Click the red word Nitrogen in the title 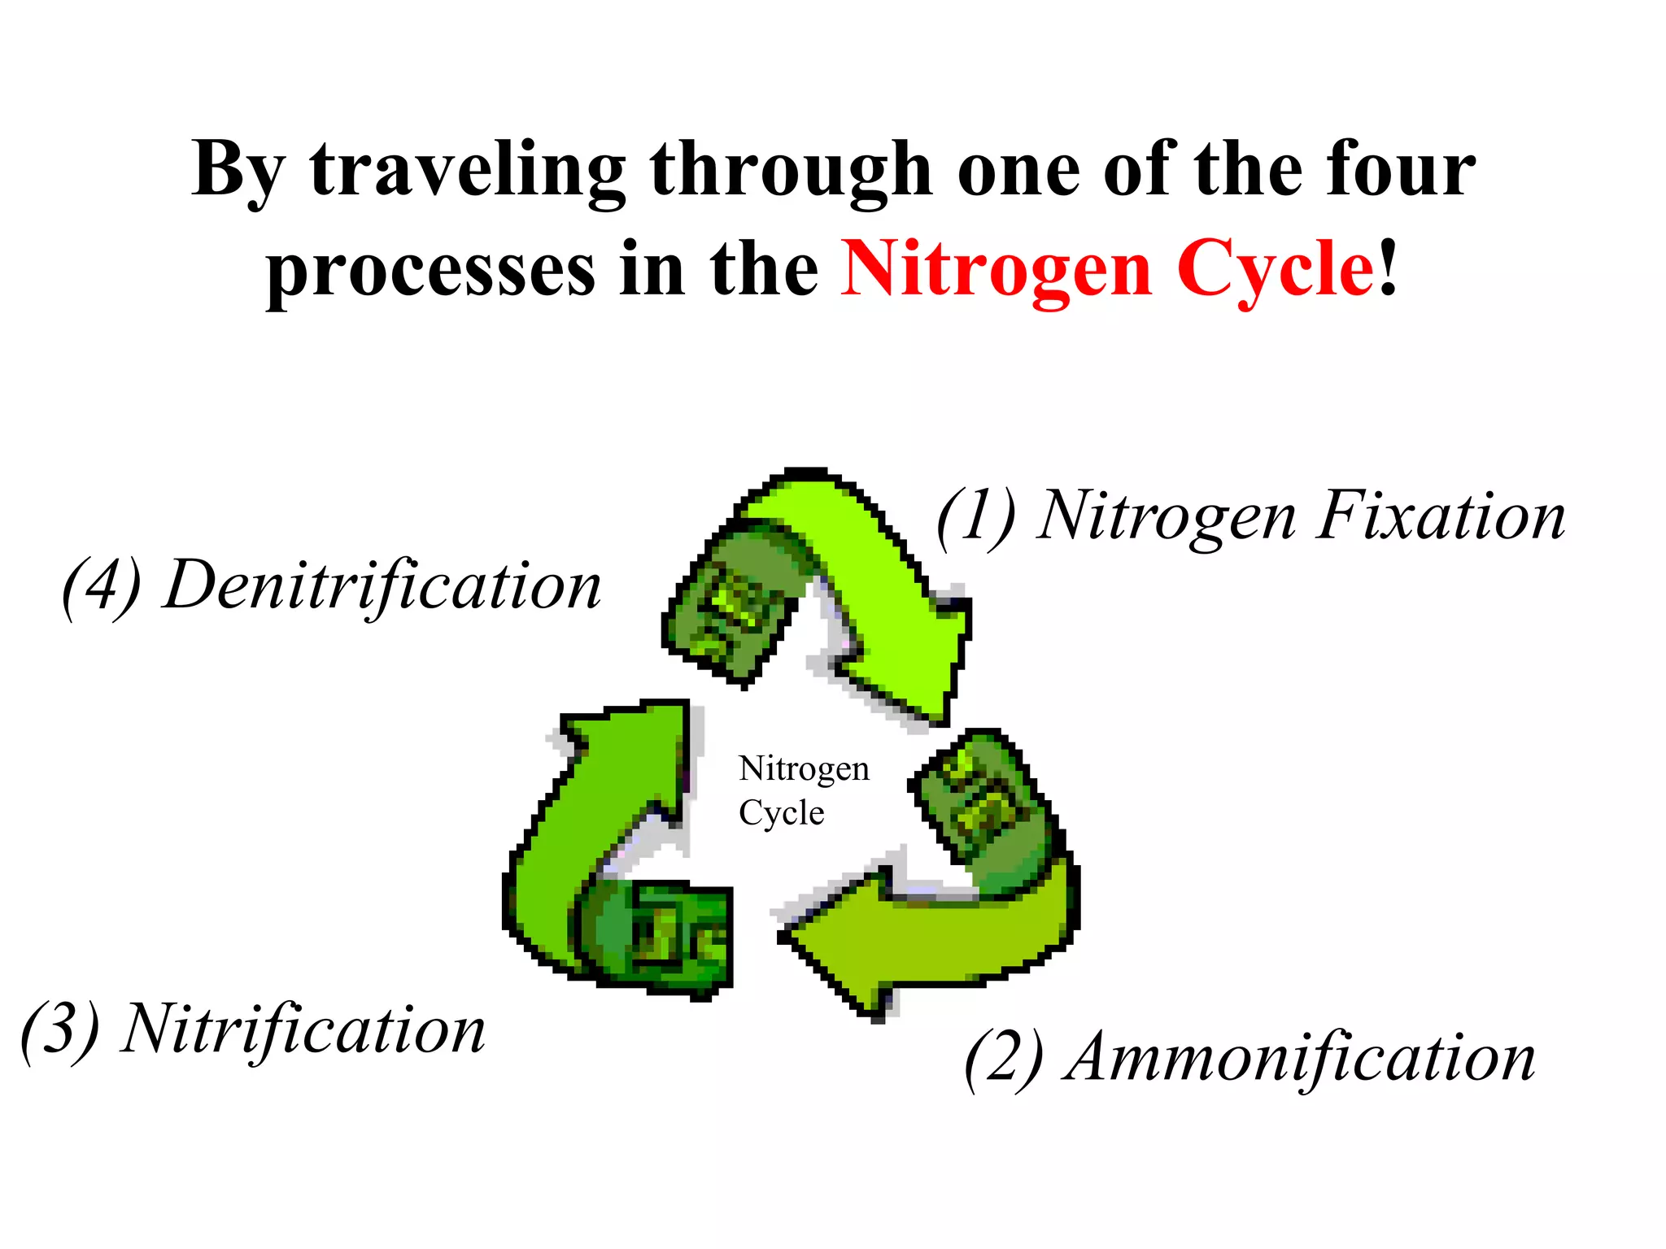[997, 268]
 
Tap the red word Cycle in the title [1275, 268]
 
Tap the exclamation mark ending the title [1389, 268]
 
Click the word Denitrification [382, 585]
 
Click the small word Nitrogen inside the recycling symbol [804, 768]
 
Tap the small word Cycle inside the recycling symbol [781, 813]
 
